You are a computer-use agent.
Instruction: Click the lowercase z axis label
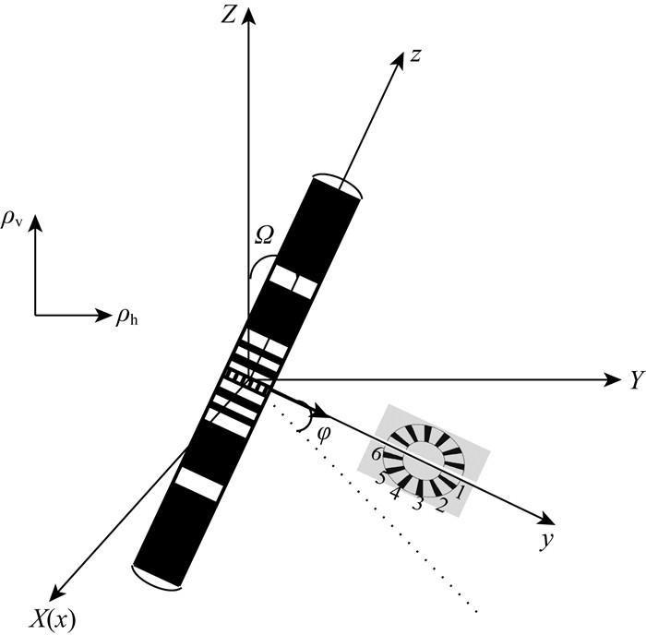pyautogui.click(x=416, y=56)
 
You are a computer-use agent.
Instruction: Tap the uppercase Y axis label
pyautogui.click(x=636, y=379)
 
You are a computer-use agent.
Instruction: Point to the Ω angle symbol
pyautogui.click(x=264, y=236)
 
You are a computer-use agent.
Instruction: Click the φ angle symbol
pyautogui.click(x=322, y=431)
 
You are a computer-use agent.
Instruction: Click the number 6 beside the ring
pyautogui.click(x=376, y=454)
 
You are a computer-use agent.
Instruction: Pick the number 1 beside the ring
pyautogui.click(x=461, y=494)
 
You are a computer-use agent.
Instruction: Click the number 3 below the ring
pyautogui.click(x=417, y=503)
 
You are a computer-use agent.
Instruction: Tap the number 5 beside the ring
pyautogui.click(x=379, y=478)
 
